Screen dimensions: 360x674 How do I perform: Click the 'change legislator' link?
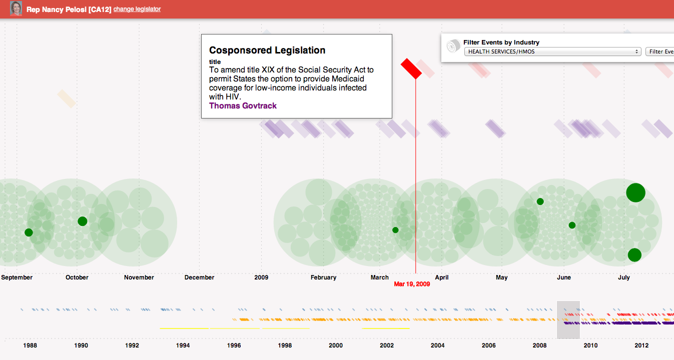pos(137,9)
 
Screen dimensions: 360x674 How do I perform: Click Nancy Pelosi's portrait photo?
pos(16,9)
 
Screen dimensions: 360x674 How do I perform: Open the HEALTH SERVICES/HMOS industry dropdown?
pos(552,51)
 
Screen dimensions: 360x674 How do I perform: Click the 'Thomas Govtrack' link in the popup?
pos(243,105)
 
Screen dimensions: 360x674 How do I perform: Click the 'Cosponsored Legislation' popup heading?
pos(267,50)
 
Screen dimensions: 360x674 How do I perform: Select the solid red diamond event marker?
pos(411,68)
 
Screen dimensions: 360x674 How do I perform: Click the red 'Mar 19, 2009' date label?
pos(412,284)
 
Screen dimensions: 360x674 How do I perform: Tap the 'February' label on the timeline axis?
pos(323,277)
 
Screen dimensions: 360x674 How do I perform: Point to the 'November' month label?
pos(139,277)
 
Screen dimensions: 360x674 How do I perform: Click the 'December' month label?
pos(199,277)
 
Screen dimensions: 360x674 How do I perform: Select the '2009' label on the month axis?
pos(261,277)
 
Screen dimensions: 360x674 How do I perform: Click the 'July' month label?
pos(623,277)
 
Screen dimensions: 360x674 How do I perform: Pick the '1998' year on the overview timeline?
pos(285,345)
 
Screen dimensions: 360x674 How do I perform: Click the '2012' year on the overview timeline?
pos(641,345)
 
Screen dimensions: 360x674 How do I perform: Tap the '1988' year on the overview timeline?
pos(30,345)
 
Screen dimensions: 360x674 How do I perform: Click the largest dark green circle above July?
pos(635,192)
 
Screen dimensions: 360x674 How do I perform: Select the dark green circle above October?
pos(83,221)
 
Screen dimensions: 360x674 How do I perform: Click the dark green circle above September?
pos(29,232)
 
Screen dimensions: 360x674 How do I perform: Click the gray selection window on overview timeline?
pos(568,320)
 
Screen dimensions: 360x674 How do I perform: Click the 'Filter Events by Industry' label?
pos(501,42)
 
